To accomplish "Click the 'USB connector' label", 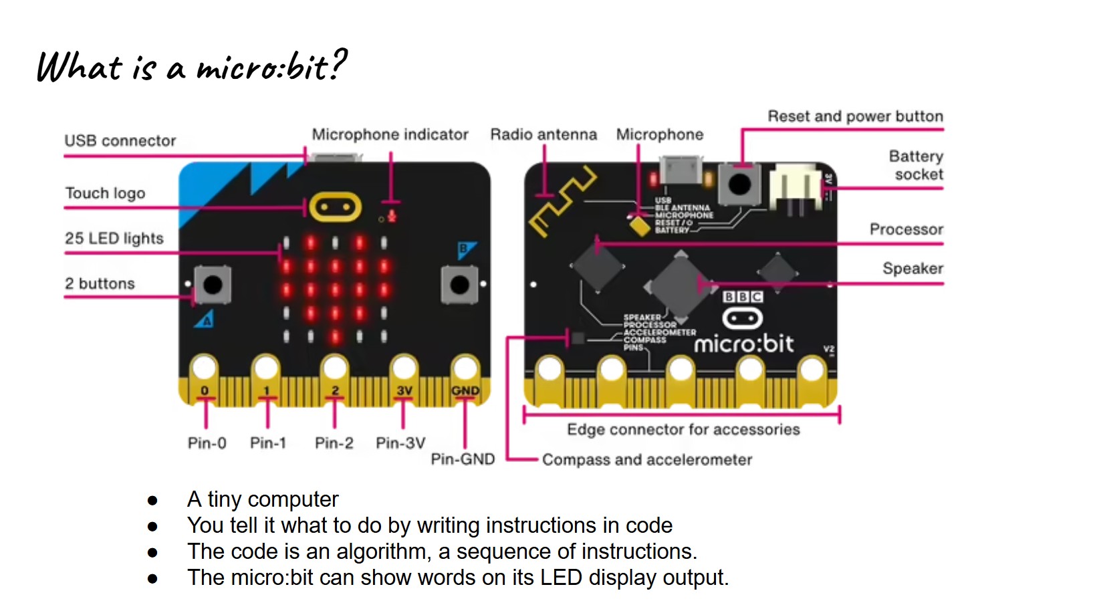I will point(120,141).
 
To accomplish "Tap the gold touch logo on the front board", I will point(334,208).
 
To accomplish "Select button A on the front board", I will point(213,285).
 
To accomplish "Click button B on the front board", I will point(460,285).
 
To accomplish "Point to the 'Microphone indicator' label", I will point(390,134).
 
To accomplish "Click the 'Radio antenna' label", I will point(543,134).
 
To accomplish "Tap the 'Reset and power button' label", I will point(855,116).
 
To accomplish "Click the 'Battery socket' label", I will point(916,165).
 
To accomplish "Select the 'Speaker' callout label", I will point(912,269).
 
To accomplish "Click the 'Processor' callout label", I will point(906,229).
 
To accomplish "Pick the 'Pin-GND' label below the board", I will point(463,459).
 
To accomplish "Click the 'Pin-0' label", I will point(207,443).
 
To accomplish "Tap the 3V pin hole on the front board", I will point(404,367).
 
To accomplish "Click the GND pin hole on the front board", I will point(465,367).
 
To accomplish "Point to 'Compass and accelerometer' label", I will point(646,460).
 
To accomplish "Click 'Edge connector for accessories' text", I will point(683,429).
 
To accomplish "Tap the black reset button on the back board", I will point(739,184).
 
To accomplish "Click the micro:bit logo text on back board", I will point(743,344).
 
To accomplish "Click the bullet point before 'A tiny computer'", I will point(152,501).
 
